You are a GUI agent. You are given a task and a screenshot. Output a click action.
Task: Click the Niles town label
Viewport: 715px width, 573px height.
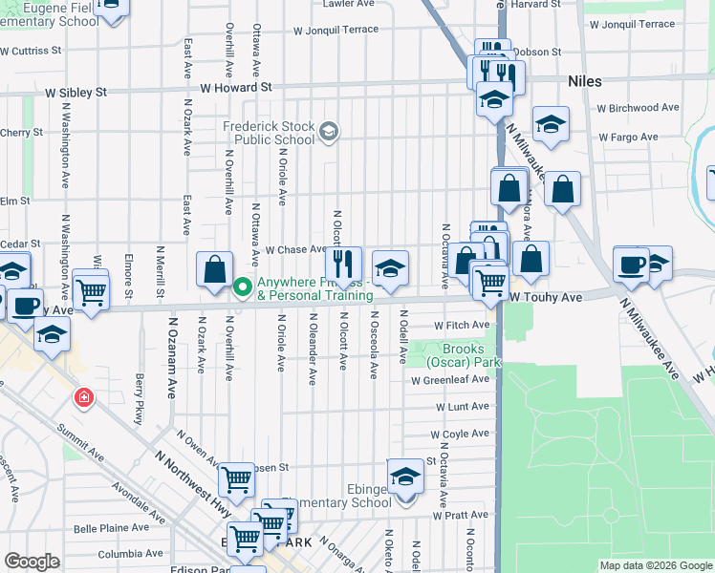584,82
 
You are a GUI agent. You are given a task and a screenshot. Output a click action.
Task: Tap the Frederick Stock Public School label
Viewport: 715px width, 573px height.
269,132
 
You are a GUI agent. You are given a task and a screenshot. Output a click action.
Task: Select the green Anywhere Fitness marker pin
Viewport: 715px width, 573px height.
243,286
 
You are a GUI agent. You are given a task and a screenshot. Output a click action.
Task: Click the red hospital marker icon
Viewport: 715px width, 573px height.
84,396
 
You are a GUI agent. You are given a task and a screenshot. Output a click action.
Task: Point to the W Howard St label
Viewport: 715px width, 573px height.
236,87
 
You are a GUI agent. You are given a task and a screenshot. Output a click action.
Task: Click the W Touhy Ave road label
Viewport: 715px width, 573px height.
545,298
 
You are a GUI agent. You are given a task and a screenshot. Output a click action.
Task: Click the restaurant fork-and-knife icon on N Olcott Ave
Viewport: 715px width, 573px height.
342,262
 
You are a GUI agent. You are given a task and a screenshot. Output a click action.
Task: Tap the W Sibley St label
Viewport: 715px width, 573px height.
72,93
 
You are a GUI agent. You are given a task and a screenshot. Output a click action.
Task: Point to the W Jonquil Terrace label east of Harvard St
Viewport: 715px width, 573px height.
632,24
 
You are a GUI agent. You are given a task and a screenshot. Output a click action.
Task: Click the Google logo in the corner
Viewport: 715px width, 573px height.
32,562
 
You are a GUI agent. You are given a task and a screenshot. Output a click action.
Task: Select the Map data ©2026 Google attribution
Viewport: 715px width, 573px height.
655,565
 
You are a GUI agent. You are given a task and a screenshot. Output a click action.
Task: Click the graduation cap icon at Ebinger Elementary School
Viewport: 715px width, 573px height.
405,475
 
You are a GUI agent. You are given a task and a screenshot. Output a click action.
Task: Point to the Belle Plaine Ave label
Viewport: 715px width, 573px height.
111,527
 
